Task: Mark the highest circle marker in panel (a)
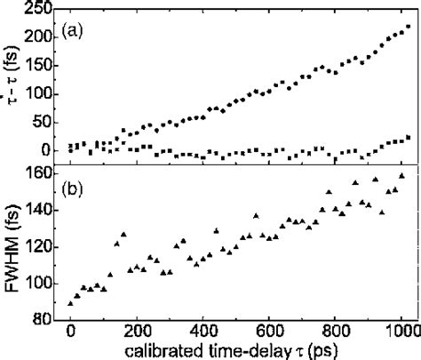(x=408, y=27)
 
